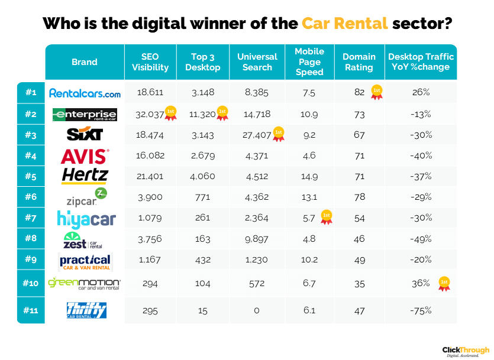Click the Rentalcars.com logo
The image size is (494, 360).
85,93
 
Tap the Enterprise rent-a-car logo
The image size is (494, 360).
85,114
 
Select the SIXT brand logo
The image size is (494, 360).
85,135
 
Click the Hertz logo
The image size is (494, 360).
85,176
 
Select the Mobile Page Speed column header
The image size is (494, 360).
309,62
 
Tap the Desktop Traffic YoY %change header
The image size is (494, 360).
421,62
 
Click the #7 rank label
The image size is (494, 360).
31,217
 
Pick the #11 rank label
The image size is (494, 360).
31,310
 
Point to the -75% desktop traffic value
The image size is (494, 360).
421,310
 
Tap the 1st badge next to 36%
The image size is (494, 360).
444,284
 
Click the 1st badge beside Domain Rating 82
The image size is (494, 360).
376,92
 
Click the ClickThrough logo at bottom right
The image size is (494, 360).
466,351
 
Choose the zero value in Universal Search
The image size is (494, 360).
257,310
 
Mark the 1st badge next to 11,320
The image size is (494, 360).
223,113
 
